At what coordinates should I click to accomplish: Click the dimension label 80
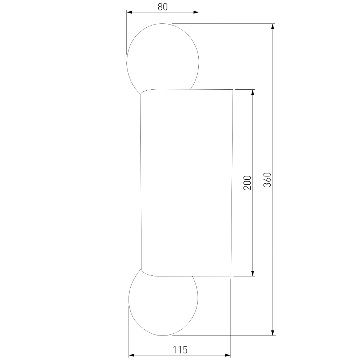[x=163, y=7]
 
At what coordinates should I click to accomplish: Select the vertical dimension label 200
[x=247, y=183]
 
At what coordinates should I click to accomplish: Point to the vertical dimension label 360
[x=267, y=179]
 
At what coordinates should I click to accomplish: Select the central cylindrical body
[x=186, y=183]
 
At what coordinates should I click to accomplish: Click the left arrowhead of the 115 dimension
[x=131, y=355]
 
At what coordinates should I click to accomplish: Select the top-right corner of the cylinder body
[x=233, y=89]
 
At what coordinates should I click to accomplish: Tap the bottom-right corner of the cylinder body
[x=231, y=276]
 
